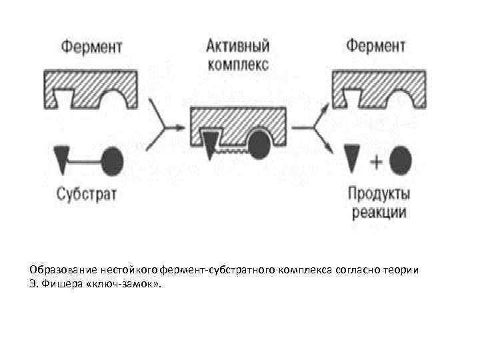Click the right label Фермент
[375, 47]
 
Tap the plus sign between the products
[375, 161]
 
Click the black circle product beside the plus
[401, 160]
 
